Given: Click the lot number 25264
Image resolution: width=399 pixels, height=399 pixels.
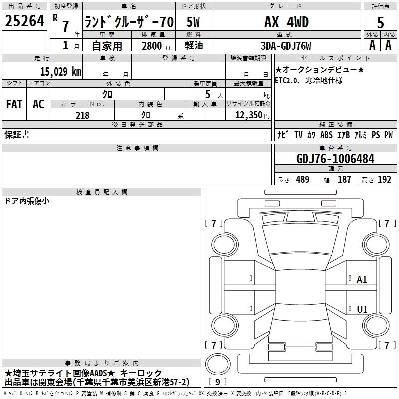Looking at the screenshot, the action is [x=24, y=21].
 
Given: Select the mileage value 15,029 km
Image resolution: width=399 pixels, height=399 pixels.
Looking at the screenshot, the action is [x=61, y=72].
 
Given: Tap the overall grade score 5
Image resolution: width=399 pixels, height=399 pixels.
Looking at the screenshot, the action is [x=380, y=22].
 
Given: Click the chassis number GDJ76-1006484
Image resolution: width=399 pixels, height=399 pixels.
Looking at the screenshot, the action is [x=335, y=159].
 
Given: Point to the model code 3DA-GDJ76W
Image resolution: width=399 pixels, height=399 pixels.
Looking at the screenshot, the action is [x=286, y=46].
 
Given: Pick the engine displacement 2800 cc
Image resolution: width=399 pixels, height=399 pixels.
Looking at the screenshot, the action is [x=157, y=46].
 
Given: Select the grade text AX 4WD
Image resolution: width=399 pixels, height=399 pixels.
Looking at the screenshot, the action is [x=286, y=22].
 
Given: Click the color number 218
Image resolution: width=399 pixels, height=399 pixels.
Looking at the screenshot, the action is [x=83, y=115].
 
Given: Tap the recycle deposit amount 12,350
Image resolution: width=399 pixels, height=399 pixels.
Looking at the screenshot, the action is [x=249, y=115].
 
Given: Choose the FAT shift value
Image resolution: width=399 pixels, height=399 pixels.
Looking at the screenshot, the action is [x=14, y=104].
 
